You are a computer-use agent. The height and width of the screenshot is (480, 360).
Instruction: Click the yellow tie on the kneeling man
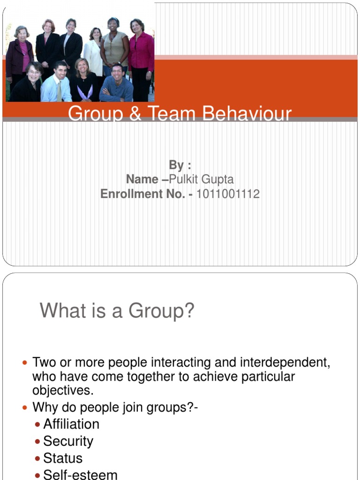[59, 90]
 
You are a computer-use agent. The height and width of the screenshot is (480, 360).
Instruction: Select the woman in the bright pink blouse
[140, 52]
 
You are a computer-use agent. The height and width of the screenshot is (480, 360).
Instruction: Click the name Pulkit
[186, 179]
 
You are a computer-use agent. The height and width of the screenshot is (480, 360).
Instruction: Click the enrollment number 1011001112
[228, 194]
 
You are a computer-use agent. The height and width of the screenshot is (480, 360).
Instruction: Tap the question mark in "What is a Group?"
[188, 310]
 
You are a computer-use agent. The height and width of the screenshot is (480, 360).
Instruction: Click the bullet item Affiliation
[71, 424]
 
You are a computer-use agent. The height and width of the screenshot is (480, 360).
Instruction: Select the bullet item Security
[68, 441]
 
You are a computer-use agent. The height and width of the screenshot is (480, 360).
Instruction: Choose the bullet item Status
[63, 458]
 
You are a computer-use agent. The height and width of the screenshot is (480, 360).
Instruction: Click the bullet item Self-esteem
[80, 474]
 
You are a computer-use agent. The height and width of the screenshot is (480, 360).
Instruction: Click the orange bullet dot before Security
[38, 442]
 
